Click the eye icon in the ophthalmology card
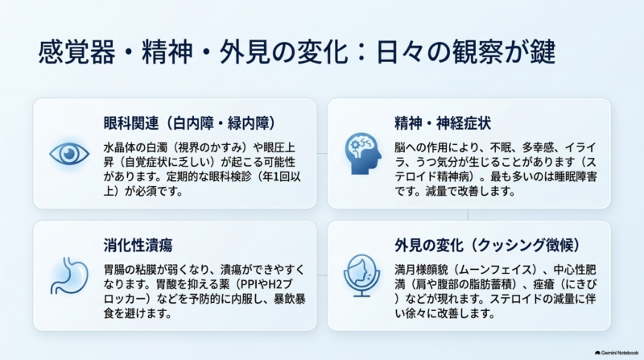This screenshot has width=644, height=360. tap(69, 154)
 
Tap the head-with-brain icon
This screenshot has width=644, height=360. tap(363, 154)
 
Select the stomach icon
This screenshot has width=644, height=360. tap(69, 275)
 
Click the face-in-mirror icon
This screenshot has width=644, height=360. tap(361, 275)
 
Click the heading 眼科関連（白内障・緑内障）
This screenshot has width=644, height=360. tap(190, 123)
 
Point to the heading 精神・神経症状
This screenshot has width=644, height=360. tap(443, 123)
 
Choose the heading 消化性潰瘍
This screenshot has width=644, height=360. tap(138, 245)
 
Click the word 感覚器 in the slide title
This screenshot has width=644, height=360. tap(76, 52)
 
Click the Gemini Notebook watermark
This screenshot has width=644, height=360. tap(617, 353)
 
